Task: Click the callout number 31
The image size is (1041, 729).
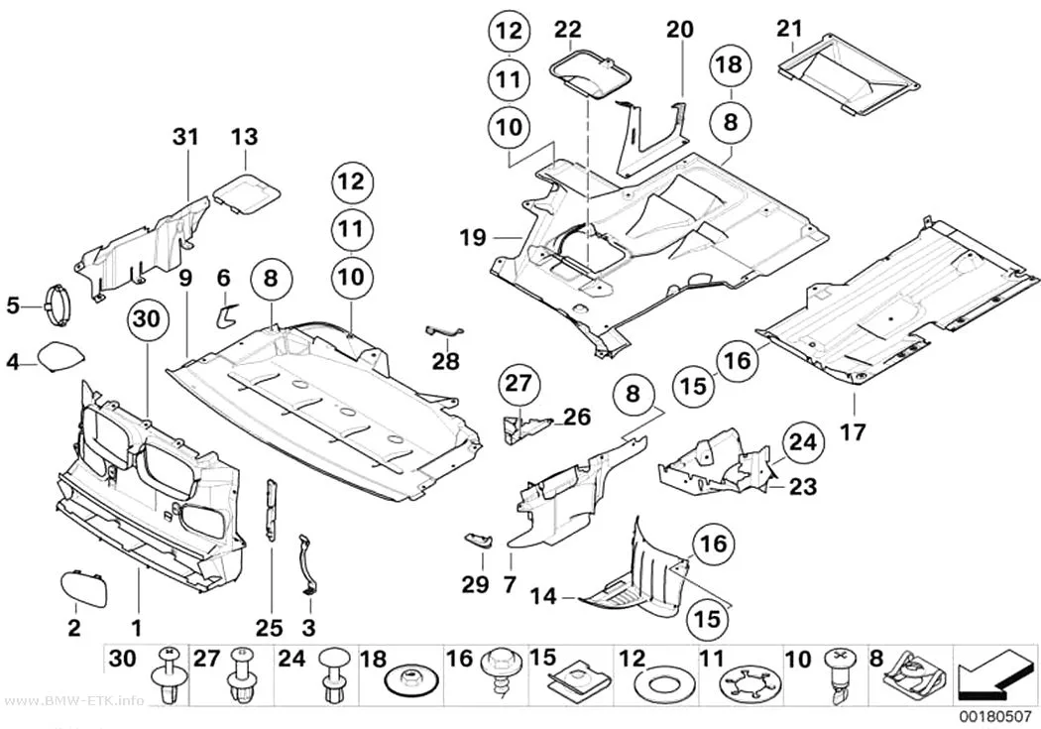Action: (186, 137)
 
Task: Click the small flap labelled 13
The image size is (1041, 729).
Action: (246, 193)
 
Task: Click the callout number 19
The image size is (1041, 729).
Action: (473, 238)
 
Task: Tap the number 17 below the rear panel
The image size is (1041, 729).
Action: (854, 432)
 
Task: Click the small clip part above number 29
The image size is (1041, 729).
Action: (478, 540)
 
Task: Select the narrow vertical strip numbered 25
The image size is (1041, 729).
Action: (273, 510)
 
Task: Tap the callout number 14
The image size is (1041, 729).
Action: (543, 596)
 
